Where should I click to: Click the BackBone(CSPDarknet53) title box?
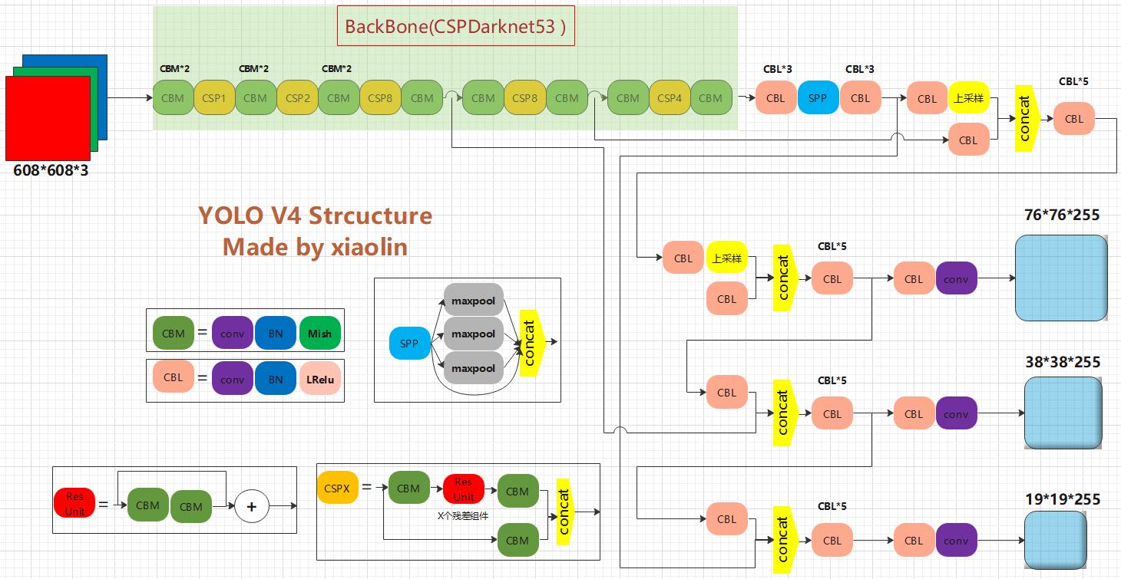(456, 26)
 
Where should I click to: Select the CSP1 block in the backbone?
(214, 98)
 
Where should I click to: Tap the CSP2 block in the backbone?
(297, 98)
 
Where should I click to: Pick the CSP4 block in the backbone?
(670, 98)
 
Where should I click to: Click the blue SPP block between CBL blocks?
(818, 98)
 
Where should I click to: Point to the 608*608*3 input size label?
(51, 170)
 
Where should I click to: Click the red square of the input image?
(48, 118)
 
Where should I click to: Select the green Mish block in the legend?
(319, 334)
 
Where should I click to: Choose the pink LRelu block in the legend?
(319, 379)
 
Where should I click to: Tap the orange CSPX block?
(337, 488)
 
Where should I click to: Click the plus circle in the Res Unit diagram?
(252, 506)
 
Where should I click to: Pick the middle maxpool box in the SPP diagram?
(474, 334)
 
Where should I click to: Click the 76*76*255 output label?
(1061, 215)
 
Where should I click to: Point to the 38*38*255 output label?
(1063, 362)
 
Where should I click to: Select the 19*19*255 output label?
(1063, 499)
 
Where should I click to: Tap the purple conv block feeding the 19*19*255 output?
(956, 541)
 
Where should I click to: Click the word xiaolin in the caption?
(369, 247)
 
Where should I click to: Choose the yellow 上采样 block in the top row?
(968, 98)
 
